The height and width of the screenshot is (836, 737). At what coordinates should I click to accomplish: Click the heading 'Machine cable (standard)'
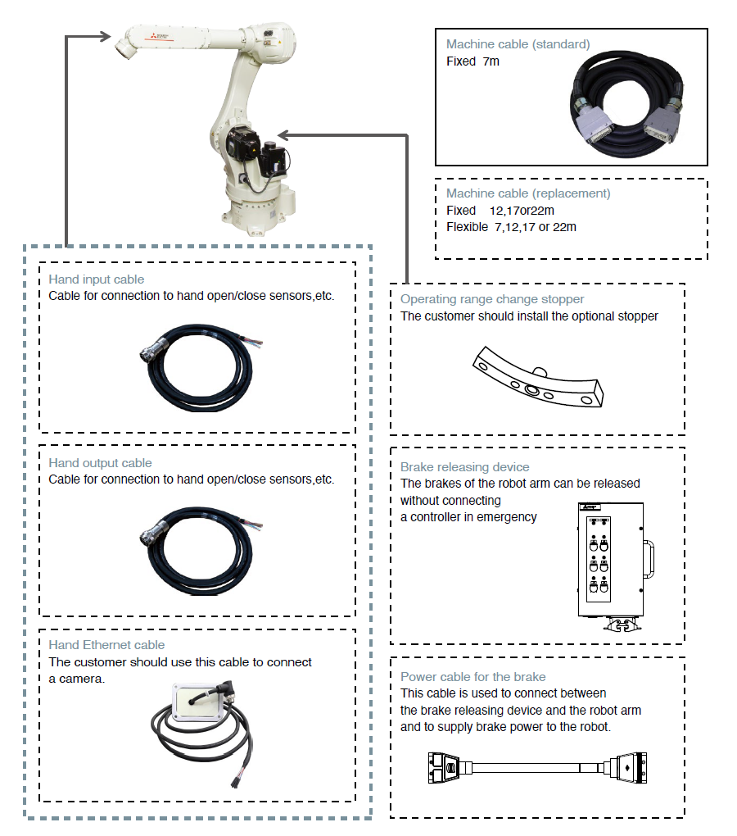click(518, 44)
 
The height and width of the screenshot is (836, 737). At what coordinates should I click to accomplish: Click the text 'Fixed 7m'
click(472, 61)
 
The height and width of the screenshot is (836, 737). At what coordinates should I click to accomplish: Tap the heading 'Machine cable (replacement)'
click(528, 193)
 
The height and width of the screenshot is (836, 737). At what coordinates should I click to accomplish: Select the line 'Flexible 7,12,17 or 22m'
click(511, 227)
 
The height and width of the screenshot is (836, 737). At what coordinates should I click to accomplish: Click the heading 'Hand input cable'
click(96, 279)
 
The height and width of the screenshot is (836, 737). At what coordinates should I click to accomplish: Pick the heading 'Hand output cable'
click(100, 463)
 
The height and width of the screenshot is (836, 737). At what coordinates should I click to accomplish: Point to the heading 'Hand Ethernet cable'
click(106, 645)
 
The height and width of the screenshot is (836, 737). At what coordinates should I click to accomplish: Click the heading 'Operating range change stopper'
click(492, 299)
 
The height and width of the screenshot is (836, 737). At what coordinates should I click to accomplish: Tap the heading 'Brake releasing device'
click(464, 467)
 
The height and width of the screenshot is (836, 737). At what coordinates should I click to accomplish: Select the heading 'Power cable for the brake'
click(472, 677)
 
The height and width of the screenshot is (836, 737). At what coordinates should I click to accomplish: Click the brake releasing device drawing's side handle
click(651, 558)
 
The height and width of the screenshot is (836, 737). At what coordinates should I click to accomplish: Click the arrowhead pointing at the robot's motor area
click(283, 134)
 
